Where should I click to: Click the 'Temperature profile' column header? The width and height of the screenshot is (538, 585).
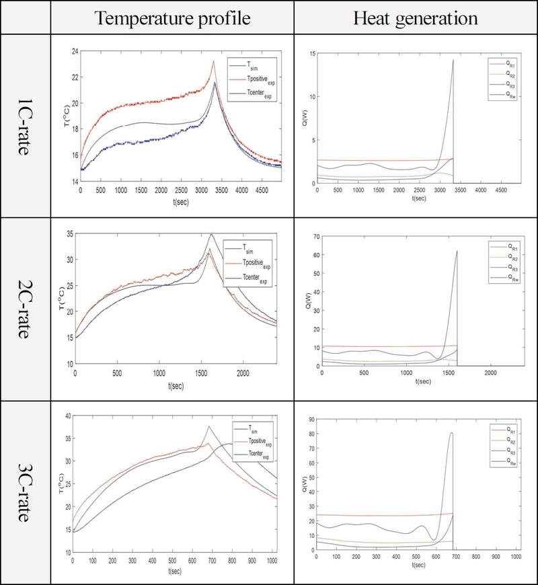(173, 17)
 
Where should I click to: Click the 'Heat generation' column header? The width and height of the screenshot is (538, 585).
(416, 17)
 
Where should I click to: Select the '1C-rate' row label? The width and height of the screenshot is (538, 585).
(25, 125)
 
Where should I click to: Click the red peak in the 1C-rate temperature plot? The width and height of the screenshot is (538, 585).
(214, 61)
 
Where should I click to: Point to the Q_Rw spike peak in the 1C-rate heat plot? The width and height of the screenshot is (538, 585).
(453, 60)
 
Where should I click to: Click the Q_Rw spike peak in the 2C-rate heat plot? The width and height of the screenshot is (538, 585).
(457, 251)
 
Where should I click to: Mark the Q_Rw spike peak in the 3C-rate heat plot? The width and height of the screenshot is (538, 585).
(451, 433)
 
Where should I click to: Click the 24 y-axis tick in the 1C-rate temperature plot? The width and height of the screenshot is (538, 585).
(73, 51)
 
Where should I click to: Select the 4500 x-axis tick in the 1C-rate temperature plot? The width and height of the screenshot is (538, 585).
(261, 190)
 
